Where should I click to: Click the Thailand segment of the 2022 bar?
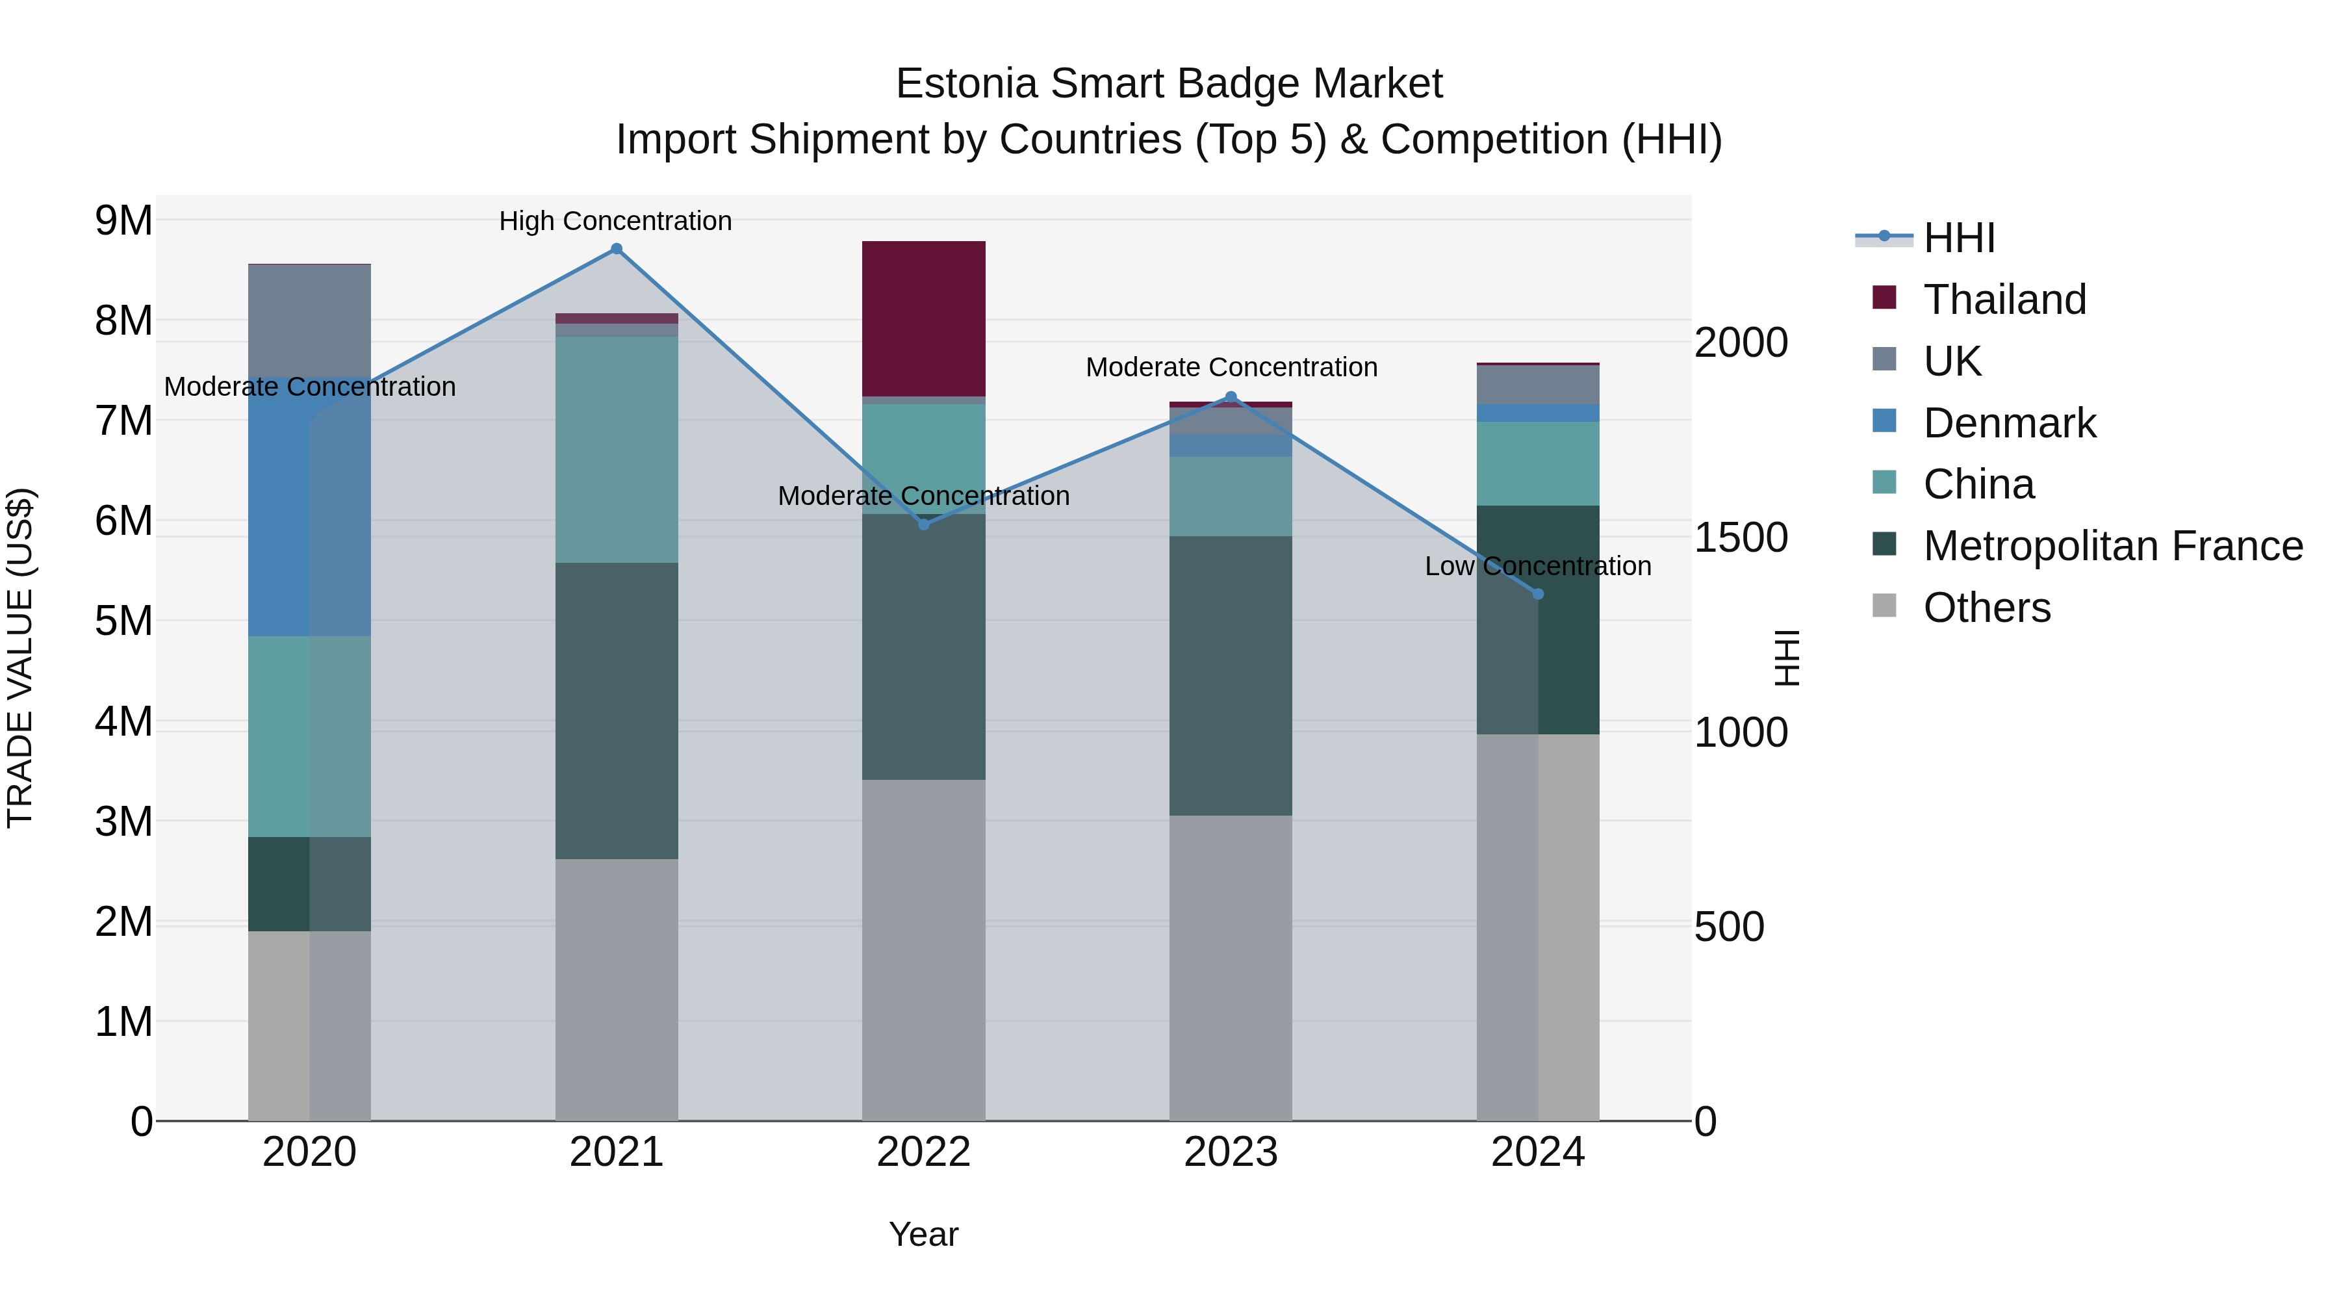tap(923, 318)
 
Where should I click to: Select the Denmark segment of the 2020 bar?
tap(309, 509)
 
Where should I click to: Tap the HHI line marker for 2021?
tap(617, 249)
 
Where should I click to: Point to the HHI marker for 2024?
tap(1538, 594)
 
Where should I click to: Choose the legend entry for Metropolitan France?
tap(2113, 546)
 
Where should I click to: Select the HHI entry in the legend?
tap(1958, 238)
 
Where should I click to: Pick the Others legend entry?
tap(1987, 608)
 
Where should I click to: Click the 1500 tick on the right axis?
tap(1741, 537)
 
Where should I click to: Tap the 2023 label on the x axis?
tap(1231, 1152)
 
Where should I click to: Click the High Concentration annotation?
tap(616, 221)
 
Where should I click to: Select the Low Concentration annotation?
tap(1537, 566)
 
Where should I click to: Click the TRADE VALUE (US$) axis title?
tap(21, 658)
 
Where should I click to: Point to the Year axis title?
tap(923, 1234)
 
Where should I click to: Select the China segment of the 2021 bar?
tap(617, 450)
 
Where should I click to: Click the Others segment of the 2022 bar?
tap(923, 949)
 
